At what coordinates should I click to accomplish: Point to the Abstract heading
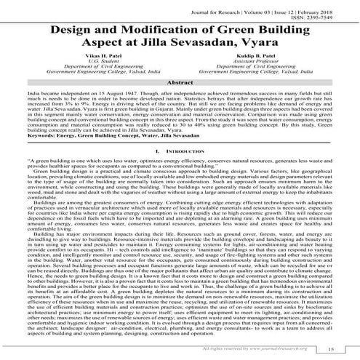180,85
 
